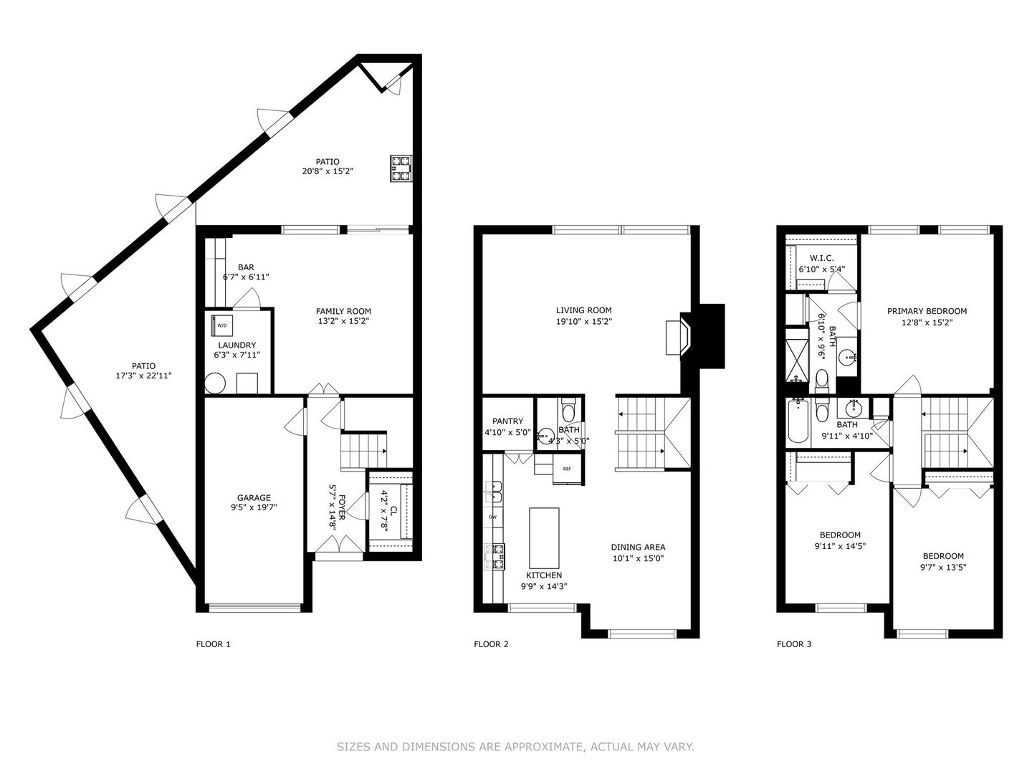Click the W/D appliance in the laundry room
click(x=222, y=325)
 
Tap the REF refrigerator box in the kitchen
click(x=566, y=469)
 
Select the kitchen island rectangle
click(x=544, y=537)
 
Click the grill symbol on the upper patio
click(x=401, y=168)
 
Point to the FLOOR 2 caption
click(x=491, y=644)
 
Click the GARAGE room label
click(x=254, y=498)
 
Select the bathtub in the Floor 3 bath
click(x=798, y=422)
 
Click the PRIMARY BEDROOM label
click(x=927, y=311)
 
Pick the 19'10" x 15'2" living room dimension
click(x=583, y=322)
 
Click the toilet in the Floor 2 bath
click(x=568, y=411)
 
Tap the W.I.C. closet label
click(x=821, y=258)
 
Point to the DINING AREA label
click(x=638, y=548)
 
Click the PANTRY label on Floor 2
click(x=507, y=421)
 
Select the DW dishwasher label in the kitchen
click(x=493, y=517)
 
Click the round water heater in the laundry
click(x=215, y=383)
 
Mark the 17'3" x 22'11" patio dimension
click(x=144, y=376)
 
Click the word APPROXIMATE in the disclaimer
click(x=544, y=747)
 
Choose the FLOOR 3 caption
click(x=794, y=644)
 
